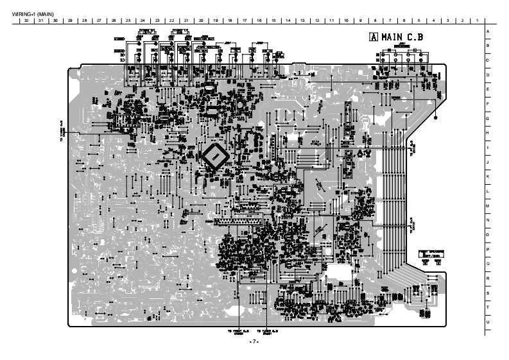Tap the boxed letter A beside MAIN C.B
point(372,37)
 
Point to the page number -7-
point(254,341)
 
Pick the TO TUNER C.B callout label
point(266,332)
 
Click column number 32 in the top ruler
point(25,21)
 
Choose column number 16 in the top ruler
point(259,21)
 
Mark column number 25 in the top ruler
point(128,21)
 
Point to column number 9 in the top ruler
point(361,21)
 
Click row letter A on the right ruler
point(488,31)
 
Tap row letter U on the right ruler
point(488,321)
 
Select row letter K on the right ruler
point(488,176)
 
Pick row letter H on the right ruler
point(488,133)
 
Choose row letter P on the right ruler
point(488,249)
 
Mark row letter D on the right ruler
point(488,75)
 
